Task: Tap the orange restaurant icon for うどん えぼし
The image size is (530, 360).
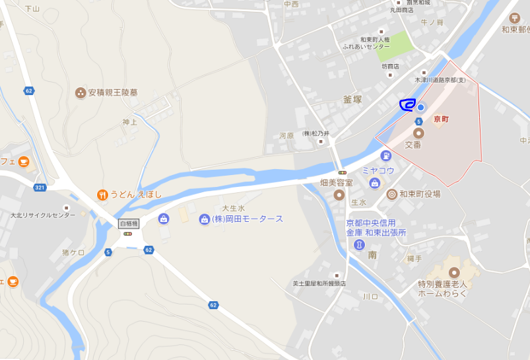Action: [x=102, y=194]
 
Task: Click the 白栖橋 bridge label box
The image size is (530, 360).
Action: [x=129, y=224]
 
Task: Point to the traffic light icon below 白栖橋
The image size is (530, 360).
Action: [x=128, y=233]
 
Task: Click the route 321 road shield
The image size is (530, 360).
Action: [x=40, y=188]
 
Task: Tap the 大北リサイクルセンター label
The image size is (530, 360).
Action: [x=43, y=215]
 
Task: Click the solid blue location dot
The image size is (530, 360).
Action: [x=420, y=106]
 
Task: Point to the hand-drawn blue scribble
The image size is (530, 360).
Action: [x=407, y=104]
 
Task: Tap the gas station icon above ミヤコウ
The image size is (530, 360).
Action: [x=385, y=156]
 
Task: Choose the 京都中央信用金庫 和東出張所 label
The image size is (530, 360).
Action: [x=376, y=228]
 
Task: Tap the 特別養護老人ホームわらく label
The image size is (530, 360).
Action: [x=442, y=289]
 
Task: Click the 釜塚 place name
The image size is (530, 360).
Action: [x=352, y=99]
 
